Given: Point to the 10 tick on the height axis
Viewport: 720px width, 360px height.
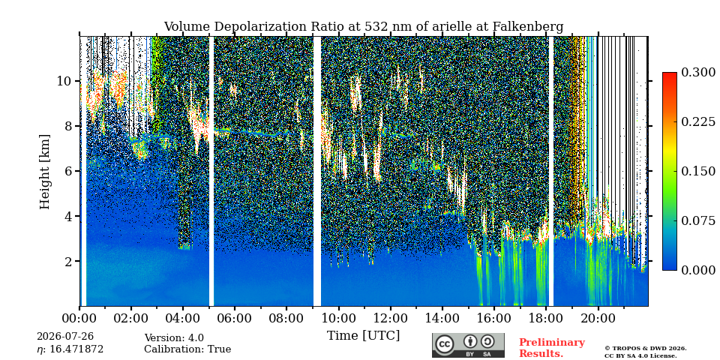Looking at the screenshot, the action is [x=65, y=81].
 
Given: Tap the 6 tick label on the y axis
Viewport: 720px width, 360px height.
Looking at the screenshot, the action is [x=70, y=171].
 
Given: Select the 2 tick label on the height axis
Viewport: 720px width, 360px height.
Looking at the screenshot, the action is [x=70, y=261].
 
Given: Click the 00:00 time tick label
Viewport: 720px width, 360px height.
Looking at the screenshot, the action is [x=79, y=319].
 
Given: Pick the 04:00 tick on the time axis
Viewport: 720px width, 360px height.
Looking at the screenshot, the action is [x=183, y=319].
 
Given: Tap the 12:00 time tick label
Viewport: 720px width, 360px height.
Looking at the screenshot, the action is [x=391, y=319].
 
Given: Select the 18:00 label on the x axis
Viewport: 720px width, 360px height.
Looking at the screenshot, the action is [x=547, y=319].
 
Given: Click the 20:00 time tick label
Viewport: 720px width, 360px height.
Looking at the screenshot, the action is [x=598, y=319].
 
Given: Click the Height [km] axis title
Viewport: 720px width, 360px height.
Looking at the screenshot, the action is [x=44, y=171].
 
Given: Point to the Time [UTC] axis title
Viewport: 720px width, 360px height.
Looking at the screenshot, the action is [x=363, y=336].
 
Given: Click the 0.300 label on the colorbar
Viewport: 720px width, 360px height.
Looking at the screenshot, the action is [x=698, y=73].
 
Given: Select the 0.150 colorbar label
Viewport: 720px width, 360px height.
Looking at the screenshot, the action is [x=698, y=171].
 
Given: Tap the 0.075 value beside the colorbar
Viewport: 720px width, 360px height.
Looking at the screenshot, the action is [x=698, y=220].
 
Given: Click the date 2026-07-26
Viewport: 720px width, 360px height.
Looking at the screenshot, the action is [x=64, y=337].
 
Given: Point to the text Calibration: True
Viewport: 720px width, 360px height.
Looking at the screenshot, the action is [x=187, y=349].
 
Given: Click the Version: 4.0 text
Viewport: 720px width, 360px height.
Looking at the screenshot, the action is [x=173, y=338].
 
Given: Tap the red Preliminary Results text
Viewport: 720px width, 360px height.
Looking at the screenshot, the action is [x=552, y=348].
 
